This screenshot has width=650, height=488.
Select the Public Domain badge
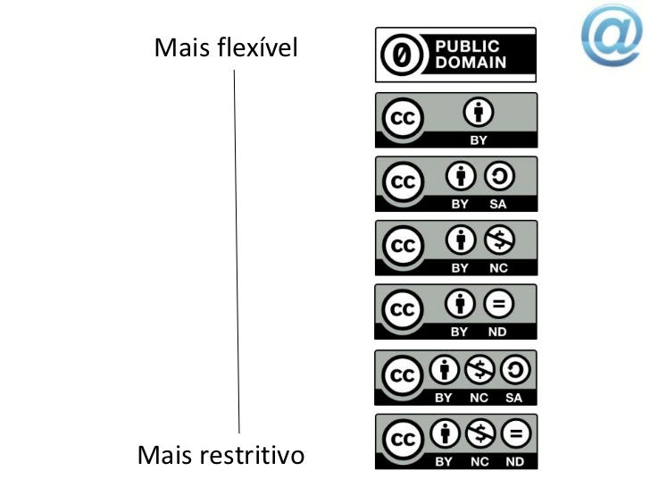455,55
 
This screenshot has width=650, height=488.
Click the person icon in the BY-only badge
479,114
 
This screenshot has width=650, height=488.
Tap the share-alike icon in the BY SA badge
498,177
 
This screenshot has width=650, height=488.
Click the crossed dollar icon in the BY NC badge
498,241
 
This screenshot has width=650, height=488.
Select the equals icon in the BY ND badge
498,306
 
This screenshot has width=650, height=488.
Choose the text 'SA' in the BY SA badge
498,204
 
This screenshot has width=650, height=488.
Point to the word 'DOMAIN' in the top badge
471,63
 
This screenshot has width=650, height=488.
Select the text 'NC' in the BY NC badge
498,268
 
